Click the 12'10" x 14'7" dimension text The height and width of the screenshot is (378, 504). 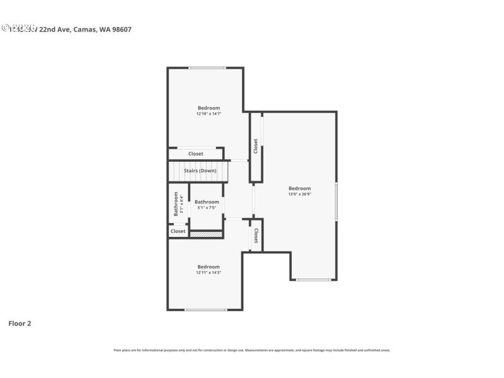[209, 114]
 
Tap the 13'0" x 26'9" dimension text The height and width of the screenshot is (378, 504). [299, 194]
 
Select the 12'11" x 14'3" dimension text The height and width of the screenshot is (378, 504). [209, 272]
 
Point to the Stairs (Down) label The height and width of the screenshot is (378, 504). [200, 171]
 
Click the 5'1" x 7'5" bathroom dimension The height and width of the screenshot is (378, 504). [207, 207]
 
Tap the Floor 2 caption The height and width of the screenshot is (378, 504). [20, 323]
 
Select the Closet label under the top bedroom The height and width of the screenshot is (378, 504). [195, 154]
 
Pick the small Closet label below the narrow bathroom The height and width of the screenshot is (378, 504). [178, 231]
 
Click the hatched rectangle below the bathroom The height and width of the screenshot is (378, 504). [206, 234]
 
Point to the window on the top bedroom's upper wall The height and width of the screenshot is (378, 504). [207, 68]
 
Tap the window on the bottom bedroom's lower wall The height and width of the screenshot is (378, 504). [206, 309]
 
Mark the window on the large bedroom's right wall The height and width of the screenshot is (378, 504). [336, 201]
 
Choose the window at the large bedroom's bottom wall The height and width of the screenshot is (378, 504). [313, 280]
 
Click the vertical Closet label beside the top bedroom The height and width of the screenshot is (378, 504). [256, 146]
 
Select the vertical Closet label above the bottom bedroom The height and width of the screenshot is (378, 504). [256, 236]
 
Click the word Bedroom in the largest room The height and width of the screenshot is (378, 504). [299, 188]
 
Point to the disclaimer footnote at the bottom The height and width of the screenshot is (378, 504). [251, 350]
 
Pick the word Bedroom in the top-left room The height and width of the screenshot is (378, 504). [209, 108]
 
